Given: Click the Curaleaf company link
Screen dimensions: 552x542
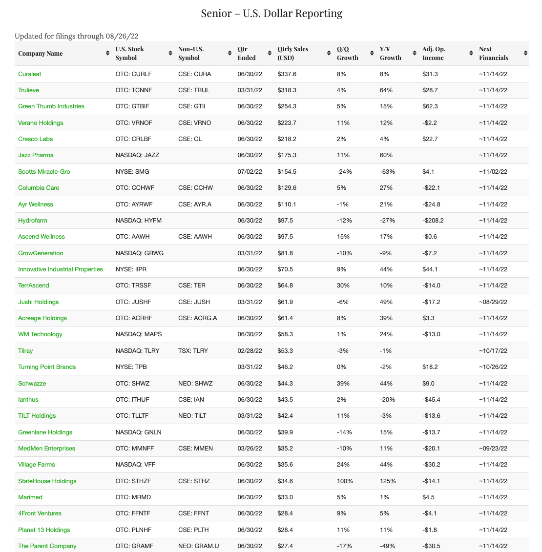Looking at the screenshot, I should tap(30, 74).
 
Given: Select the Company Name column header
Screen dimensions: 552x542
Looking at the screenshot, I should tap(41, 53).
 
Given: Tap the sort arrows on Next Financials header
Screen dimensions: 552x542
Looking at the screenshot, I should tap(525, 53).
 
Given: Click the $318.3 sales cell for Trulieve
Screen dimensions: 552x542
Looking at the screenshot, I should tap(287, 90).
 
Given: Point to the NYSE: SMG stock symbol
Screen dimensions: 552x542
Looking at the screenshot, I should tap(132, 172).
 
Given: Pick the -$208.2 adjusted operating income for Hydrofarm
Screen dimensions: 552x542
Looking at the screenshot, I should tap(433, 221).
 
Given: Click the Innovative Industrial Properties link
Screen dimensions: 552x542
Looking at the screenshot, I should tap(61, 269).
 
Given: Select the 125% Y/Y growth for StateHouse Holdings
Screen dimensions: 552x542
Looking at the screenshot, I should tap(388, 481).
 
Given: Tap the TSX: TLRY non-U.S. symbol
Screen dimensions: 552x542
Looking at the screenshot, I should tap(193, 351).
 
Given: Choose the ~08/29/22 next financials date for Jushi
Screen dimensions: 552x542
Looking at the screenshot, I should tap(493, 302).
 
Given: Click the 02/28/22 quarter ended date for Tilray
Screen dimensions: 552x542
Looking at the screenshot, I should tap(250, 351).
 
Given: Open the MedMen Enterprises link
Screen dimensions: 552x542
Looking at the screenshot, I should tap(46, 449).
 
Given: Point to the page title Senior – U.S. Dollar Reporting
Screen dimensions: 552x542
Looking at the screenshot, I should tap(271, 13).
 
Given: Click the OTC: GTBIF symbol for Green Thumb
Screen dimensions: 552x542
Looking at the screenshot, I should tap(132, 106).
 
